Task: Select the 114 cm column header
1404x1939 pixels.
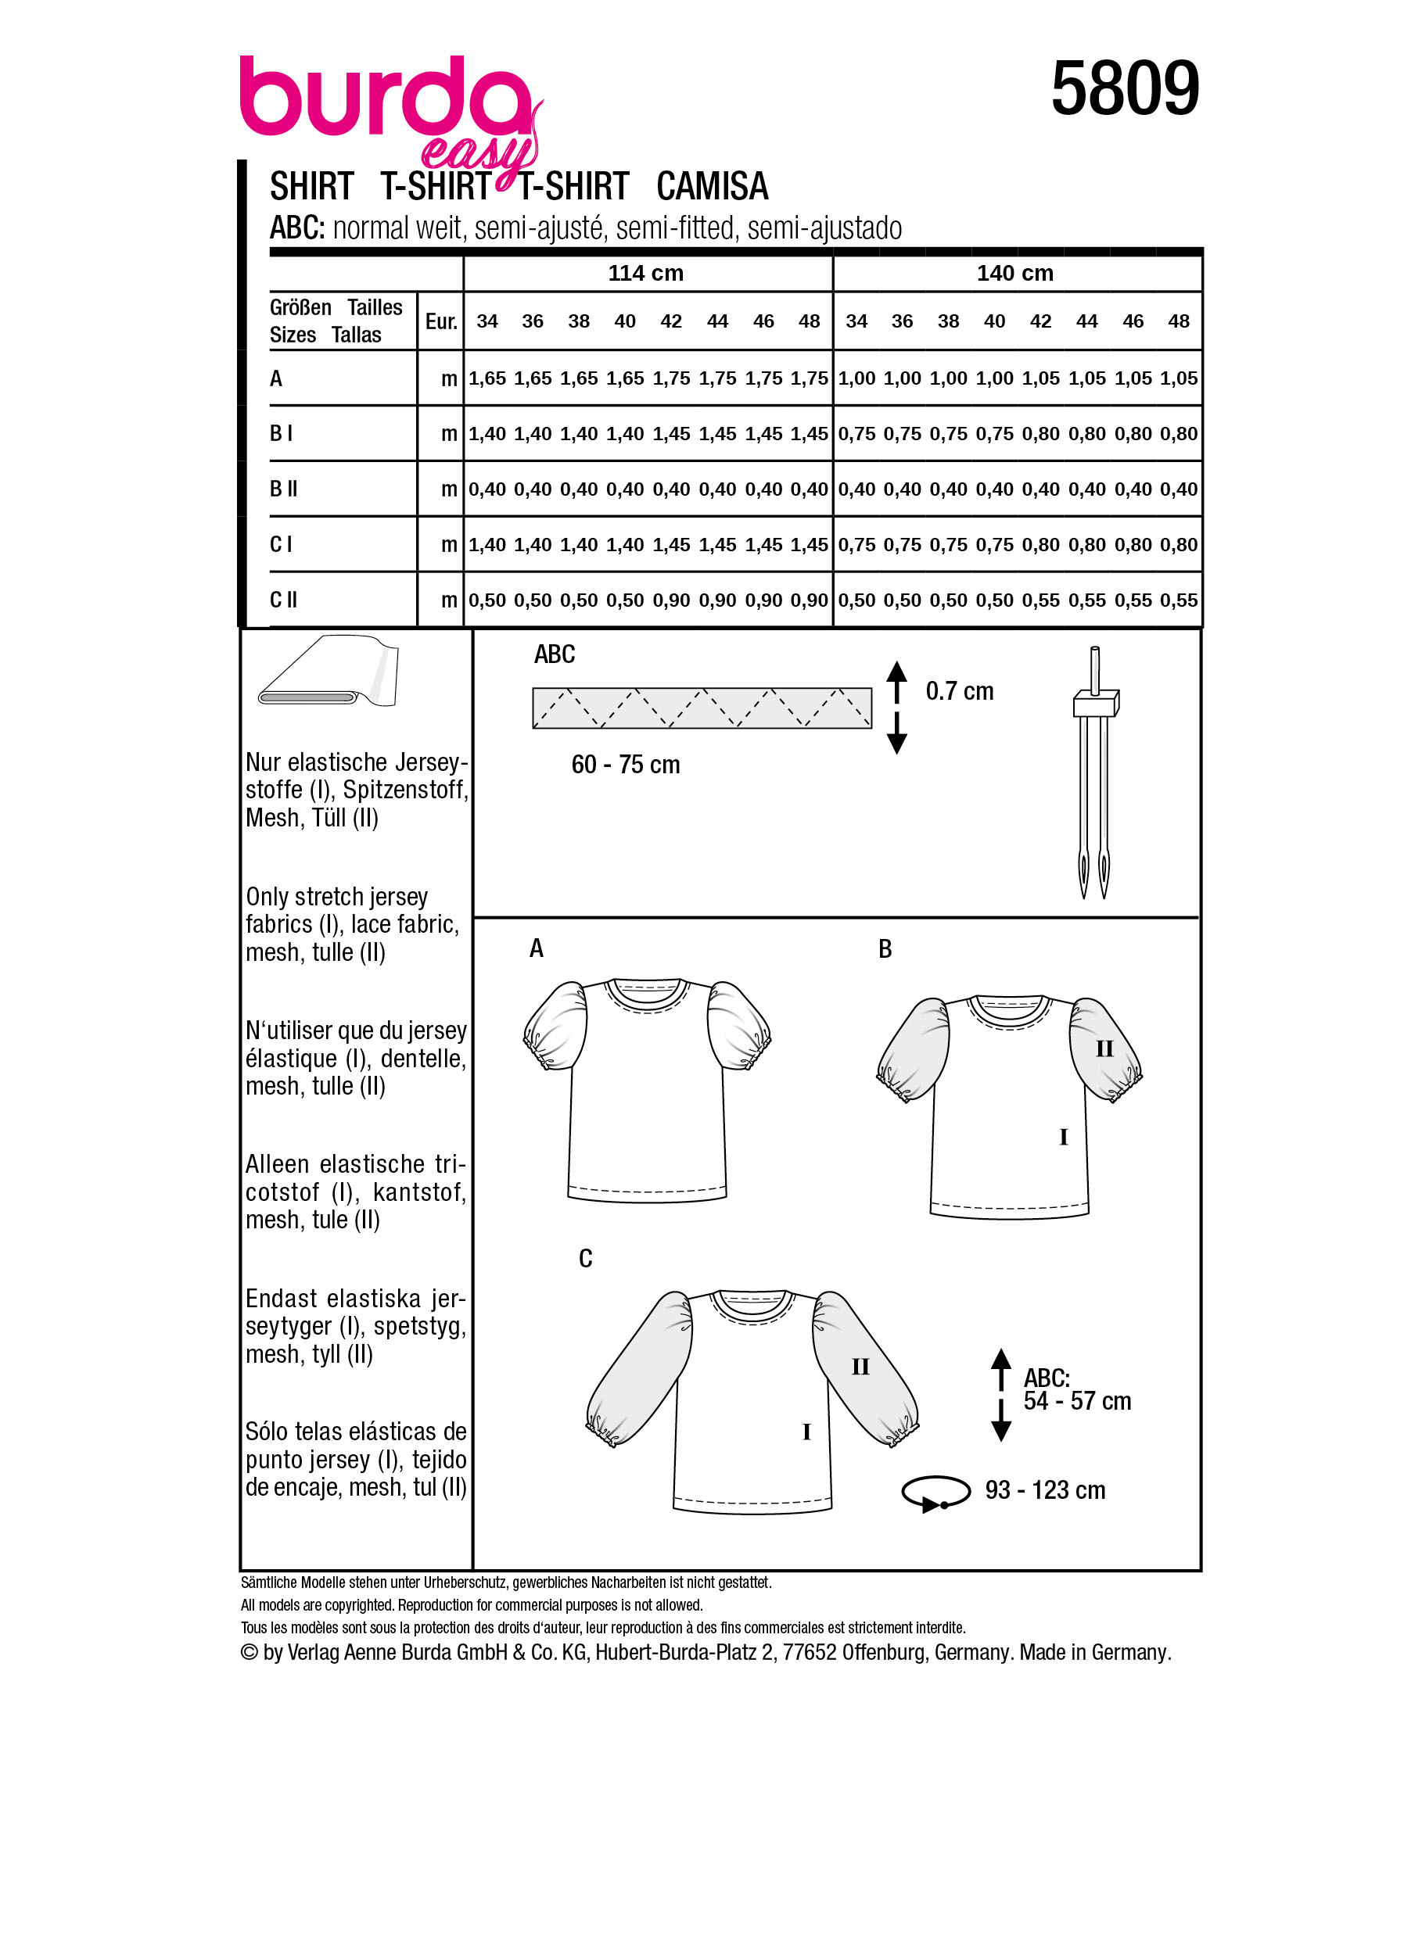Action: [x=645, y=274]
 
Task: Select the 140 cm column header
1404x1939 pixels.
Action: [x=1015, y=274]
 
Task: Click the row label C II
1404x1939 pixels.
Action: [x=283, y=600]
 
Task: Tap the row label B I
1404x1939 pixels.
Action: [x=281, y=433]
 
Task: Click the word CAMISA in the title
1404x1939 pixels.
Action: [x=712, y=186]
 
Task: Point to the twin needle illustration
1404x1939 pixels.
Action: [x=1093, y=769]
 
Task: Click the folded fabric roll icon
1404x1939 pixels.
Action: [x=329, y=672]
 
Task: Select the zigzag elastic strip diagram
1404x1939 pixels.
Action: [x=701, y=708]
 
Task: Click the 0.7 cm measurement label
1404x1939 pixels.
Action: [x=960, y=691]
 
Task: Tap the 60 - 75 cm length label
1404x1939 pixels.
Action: [x=625, y=765]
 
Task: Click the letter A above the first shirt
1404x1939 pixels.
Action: [x=536, y=948]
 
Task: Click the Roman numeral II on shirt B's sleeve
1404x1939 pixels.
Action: [x=1104, y=1049]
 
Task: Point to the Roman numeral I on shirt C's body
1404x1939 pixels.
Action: [x=806, y=1432]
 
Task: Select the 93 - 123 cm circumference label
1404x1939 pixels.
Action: [x=1044, y=1490]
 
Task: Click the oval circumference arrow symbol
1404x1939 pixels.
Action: [x=935, y=1492]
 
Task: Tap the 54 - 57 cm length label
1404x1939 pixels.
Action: [x=1076, y=1401]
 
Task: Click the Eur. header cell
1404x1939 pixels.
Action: [x=440, y=321]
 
